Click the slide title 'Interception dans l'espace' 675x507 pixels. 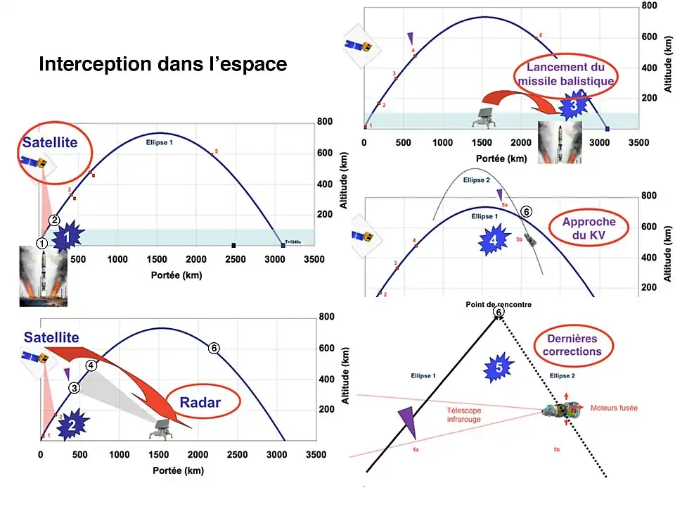pos(162,65)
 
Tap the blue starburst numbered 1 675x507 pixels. pos(65,238)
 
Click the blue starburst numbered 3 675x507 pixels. pos(573,106)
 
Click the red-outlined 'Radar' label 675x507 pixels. pos(200,403)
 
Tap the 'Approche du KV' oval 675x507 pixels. pos(589,228)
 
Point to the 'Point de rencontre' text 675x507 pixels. pos(499,304)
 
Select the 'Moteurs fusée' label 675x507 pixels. pos(614,408)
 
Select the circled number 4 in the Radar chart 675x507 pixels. pos(91,365)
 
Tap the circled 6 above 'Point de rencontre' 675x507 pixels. pos(499,312)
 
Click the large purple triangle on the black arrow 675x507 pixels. pos(407,424)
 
